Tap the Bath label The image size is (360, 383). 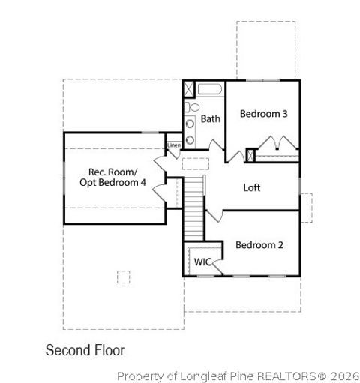[211, 118]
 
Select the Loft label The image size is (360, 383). [252, 187]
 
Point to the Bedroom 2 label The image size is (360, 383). [259, 244]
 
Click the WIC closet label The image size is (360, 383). [202, 262]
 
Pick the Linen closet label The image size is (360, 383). [173, 145]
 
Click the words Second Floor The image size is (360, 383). [85, 350]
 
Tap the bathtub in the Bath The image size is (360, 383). [209, 90]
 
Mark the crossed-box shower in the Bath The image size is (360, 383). [189, 88]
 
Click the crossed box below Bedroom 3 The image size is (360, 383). [250, 156]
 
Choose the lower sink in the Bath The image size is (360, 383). [190, 139]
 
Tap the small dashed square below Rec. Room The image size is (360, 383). [123, 276]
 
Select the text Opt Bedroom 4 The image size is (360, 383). [113, 182]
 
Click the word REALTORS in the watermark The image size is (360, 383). [288, 375]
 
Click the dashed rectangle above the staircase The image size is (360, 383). [196, 164]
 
